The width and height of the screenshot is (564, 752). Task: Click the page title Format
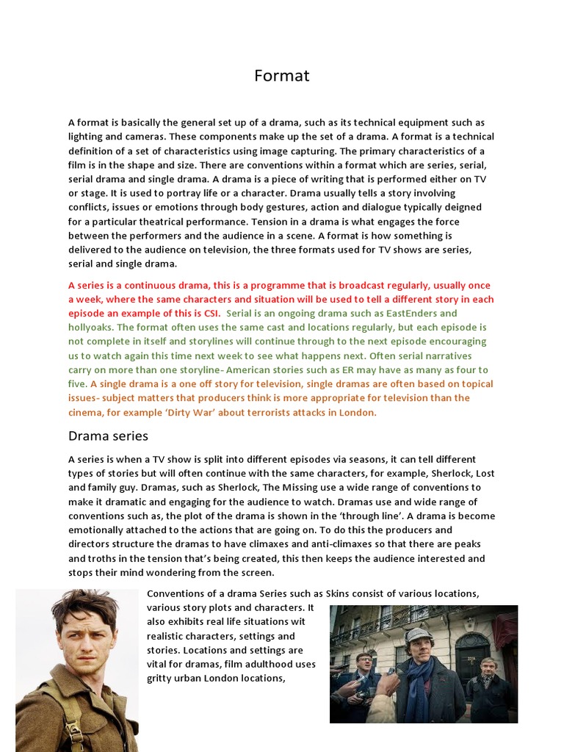(x=282, y=76)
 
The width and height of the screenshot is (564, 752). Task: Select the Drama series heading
(x=108, y=436)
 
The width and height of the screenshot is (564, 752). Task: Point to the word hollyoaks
(x=90, y=328)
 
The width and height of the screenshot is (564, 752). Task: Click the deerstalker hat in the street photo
(x=419, y=632)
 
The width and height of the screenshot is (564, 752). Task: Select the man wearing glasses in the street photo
(x=364, y=665)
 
